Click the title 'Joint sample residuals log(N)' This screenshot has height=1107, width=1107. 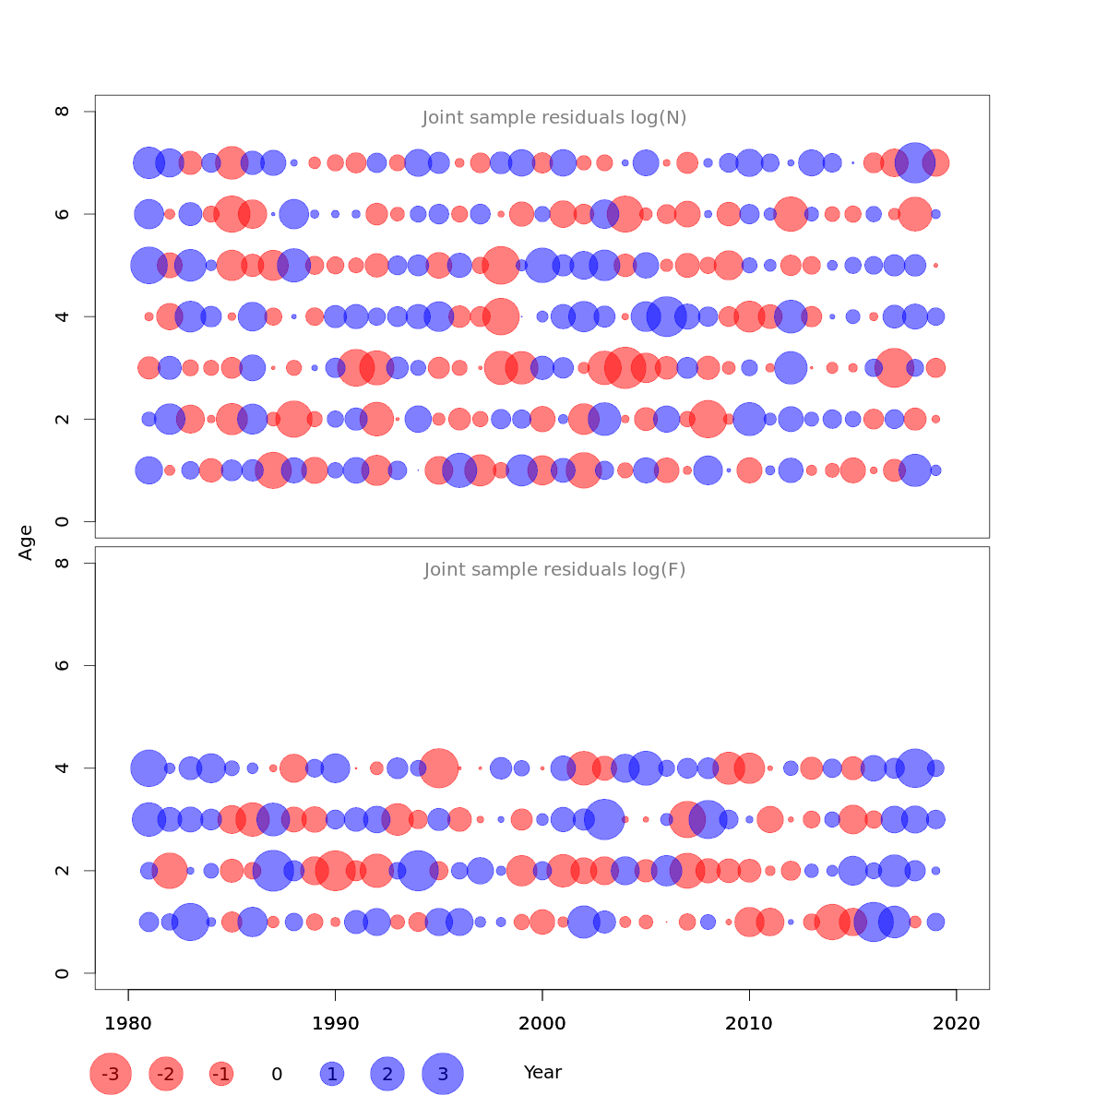[554, 118]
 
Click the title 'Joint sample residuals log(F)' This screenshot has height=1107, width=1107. [554, 570]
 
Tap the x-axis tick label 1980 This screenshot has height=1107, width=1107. [128, 1023]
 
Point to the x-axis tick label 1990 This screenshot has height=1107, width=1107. [335, 1023]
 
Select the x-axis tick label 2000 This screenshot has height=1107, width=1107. [542, 1023]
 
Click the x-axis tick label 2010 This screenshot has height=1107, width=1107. [749, 1023]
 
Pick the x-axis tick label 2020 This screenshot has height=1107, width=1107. [957, 1023]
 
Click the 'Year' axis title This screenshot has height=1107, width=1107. [542, 1073]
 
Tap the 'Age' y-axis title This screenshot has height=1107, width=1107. [27, 542]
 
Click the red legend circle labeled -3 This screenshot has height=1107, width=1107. [111, 1074]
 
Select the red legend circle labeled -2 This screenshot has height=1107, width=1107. [166, 1074]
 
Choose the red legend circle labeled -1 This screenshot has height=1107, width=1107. [221, 1074]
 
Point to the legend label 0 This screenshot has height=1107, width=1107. [277, 1074]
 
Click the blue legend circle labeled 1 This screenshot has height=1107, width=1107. [332, 1074]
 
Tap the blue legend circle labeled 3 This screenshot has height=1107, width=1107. [443, 1074]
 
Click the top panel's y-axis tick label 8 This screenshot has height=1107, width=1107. [63, 112]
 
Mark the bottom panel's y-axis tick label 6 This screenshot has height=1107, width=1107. [63, 665]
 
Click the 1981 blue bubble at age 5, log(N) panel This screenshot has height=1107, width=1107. [148, 266]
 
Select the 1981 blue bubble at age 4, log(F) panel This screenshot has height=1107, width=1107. [148, 768]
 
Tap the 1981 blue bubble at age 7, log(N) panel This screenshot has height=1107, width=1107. [148, 163]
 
